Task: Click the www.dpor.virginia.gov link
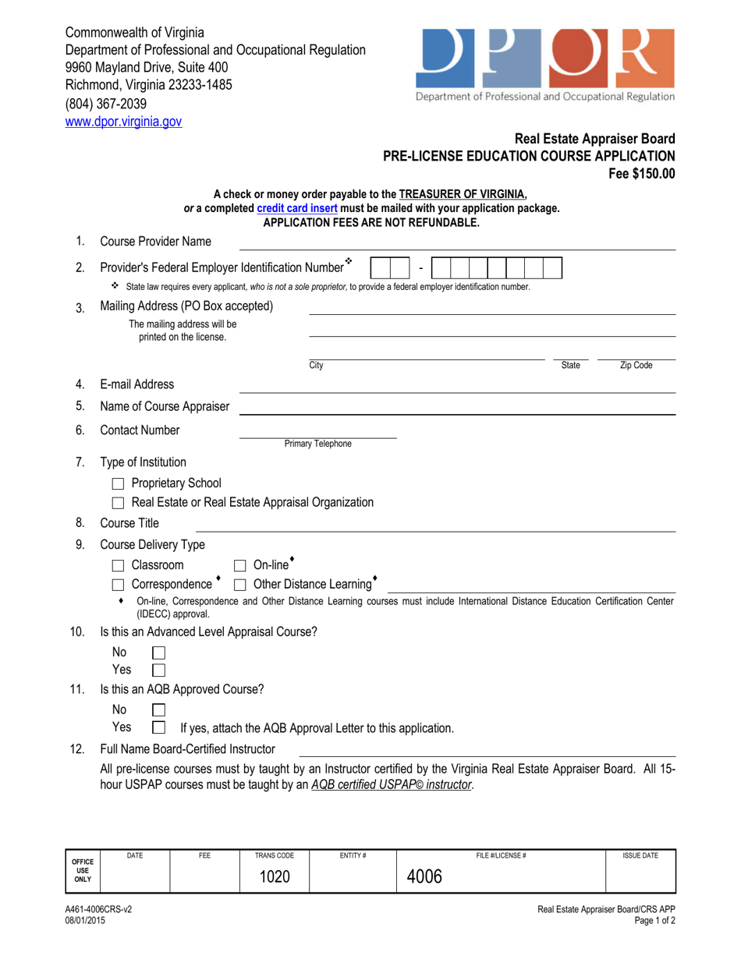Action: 123,122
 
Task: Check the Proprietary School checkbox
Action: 119,484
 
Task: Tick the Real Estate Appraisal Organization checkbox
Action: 119,504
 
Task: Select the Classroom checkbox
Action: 119,565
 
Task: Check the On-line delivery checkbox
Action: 241,565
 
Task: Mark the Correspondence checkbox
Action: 119,585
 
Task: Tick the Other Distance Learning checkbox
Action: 241,585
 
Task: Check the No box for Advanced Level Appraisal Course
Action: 158,652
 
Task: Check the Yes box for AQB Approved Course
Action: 158,728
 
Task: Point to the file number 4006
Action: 424,876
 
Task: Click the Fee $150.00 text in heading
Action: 642,173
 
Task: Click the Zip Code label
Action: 636,365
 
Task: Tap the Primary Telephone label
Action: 317,444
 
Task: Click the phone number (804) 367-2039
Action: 105,104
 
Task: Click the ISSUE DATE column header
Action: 640,855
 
